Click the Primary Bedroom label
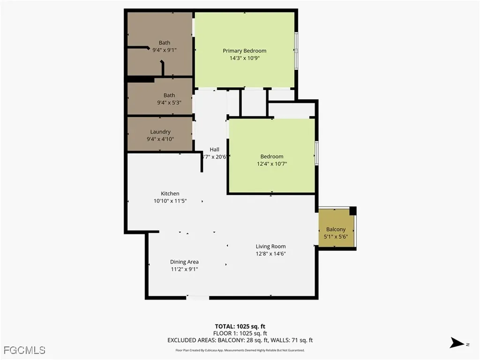[x=244, y=51]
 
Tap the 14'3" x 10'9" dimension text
[x=244, y=58]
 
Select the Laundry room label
[x=160, y=132]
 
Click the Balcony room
[x=336, y=229]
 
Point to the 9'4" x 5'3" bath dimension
[x=169, y=103]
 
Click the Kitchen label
[x=170, y=194]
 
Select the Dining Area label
[x=184, y=262]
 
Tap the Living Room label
[x=270, y=246]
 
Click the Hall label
[x=214, y=150]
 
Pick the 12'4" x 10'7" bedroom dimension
[x=272, y=164]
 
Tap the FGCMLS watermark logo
[x=24, y=350]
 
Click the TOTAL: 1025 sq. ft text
[x=240, y=326]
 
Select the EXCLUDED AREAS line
[x=240, y=340]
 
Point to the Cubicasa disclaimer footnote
[x=240, y=350]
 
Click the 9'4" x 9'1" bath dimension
[x=164, y=50]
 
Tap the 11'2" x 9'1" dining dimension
[x=184, y=269]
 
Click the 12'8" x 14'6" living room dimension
[x=270, y=254]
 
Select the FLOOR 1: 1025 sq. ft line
[x=240, y=333]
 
